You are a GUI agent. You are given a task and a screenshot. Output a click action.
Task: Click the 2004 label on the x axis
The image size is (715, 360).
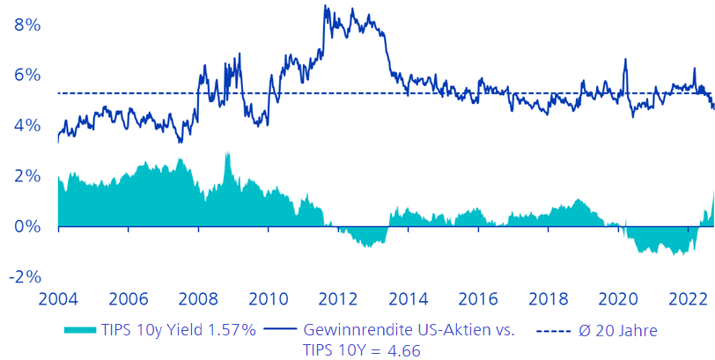pos(58,298)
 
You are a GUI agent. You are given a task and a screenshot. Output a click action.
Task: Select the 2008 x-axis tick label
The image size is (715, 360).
pos(198,298)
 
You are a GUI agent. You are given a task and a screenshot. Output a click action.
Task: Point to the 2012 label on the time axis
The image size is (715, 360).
pos(338,298)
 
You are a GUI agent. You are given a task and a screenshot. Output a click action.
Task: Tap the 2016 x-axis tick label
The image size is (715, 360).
pos(478,298)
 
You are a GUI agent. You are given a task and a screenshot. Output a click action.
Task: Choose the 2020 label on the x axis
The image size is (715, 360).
pos(618,298)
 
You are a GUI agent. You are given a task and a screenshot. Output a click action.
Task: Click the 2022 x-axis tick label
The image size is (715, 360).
pos(687,298)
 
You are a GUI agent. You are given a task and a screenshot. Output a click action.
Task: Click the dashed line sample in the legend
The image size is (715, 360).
pos(550,331)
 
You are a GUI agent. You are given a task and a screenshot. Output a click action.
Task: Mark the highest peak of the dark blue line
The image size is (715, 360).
pos(325,6)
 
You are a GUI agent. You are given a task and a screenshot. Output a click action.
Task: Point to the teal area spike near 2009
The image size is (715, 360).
pos(227,153)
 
